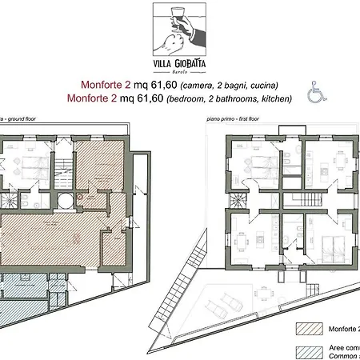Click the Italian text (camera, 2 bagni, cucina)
click(234, 85)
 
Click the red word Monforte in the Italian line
click(102, 84)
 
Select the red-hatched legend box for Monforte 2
click(309, 328)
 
